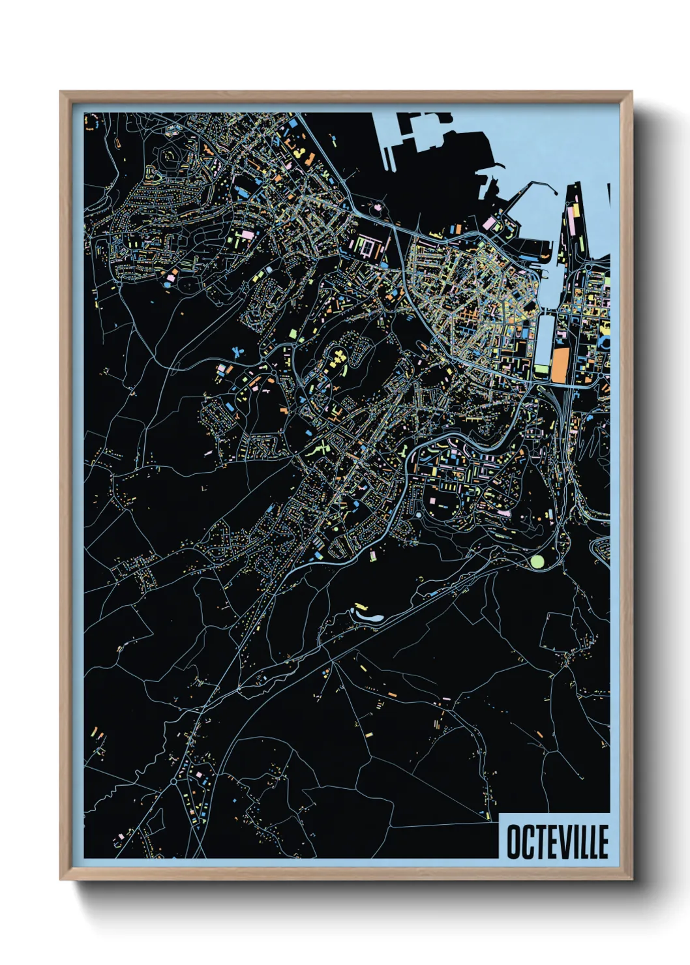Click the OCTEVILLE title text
557,842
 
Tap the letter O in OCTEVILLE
513,842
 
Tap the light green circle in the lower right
537,561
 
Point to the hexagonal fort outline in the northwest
171,156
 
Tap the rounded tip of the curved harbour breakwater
554,191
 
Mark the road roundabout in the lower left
173,780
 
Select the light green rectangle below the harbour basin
541,370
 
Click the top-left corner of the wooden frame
61,93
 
